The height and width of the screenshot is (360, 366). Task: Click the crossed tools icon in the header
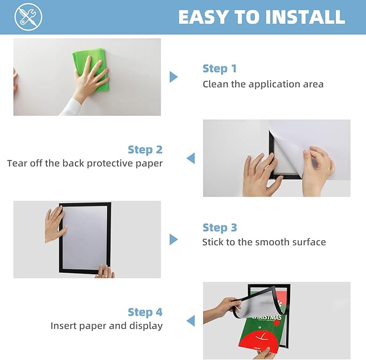tap(29, 17)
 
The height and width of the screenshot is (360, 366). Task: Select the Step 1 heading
tap(219, 68)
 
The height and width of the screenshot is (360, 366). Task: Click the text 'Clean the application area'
tap(263, 84)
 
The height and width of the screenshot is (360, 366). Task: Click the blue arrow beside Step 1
tap(173, 77)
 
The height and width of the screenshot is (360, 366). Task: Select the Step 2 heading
tap(145, 149)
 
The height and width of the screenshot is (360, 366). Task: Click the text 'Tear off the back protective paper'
tap(85, 163)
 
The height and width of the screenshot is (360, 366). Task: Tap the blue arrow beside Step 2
tap(190, 158)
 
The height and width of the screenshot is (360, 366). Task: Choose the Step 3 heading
tap(219, 227)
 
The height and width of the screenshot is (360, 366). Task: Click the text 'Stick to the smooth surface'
tap(264, 242)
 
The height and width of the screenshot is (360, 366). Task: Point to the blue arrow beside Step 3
tap(173, 239)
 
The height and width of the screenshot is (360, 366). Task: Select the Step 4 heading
tap(145, 312)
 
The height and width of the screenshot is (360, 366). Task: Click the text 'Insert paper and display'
tap(106, 326)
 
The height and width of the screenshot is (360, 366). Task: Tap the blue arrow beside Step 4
tap(190, 321)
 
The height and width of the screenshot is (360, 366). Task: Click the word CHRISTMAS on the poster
tap(266, 318)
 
